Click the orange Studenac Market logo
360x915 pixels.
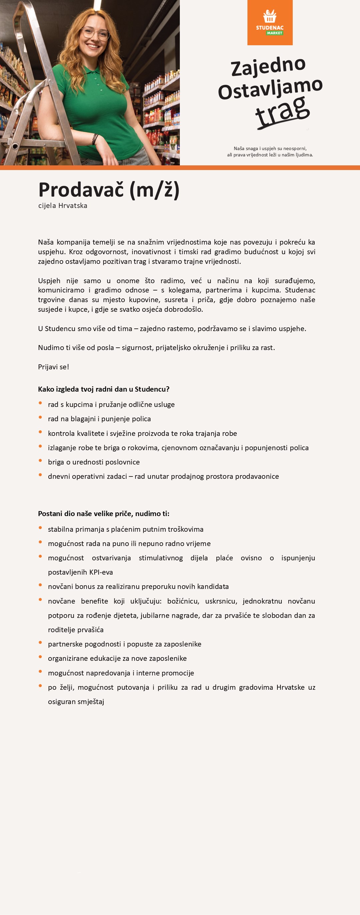270,22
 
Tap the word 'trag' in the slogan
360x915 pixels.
283,111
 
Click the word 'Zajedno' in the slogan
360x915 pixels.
268,66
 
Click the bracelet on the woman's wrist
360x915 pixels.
95,138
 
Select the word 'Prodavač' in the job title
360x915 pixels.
81,190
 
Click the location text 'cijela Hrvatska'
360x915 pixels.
63,206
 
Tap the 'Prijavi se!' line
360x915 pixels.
54,367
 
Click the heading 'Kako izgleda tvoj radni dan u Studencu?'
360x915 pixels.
104,389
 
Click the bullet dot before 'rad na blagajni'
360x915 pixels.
41,417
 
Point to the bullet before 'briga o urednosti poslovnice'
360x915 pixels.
41,461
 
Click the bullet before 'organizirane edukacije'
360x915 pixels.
41,657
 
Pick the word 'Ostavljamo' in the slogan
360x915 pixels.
270,89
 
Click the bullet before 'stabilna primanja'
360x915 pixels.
41,528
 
